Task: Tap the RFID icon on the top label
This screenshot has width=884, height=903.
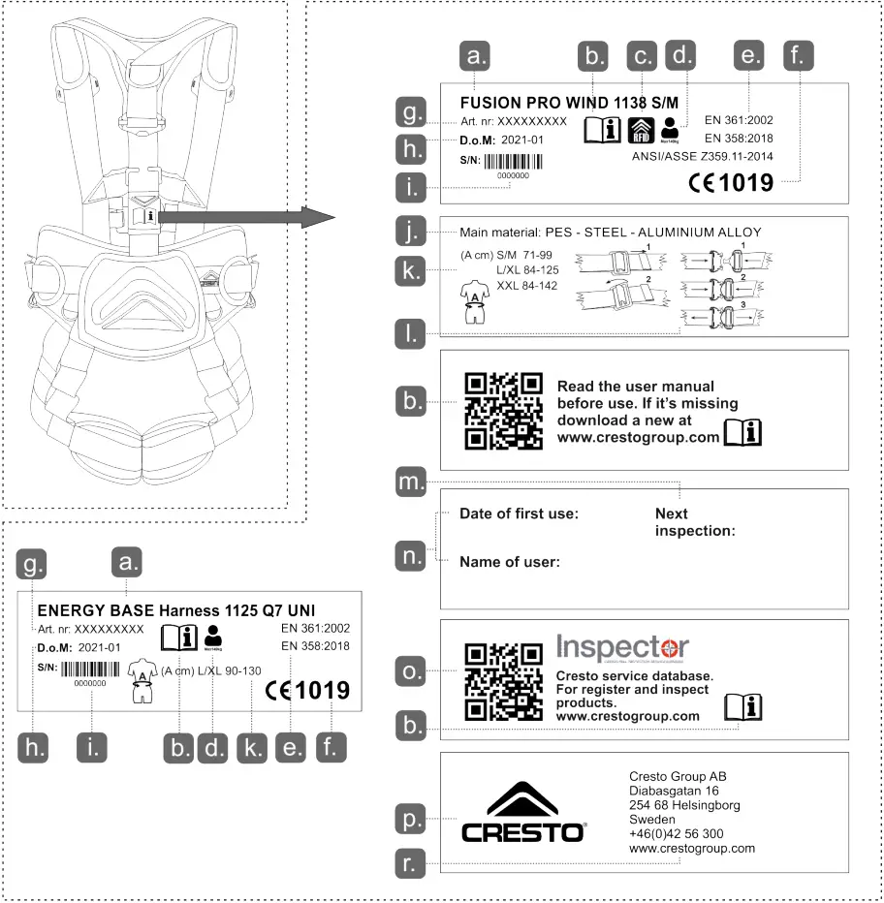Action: [x=640, y=129]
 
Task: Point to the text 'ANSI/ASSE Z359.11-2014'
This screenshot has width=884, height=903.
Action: [x=702, y=155]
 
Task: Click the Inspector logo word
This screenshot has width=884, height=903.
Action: [x=623, y=647]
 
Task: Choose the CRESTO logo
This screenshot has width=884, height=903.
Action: [x=521, y=813]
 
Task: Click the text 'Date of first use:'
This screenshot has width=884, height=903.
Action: [x=519, y=514]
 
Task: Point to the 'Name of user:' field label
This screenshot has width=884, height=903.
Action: [x=510, y=562]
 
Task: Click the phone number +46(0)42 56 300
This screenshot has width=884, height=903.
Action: [x=676, y=833]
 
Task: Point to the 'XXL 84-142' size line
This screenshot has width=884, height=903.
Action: [x=522, y=287]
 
